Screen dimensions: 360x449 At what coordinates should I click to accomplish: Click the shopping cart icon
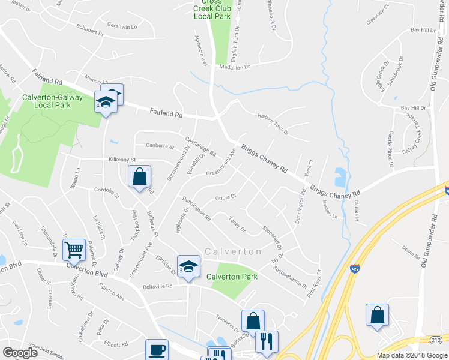74,248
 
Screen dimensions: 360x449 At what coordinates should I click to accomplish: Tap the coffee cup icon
157,350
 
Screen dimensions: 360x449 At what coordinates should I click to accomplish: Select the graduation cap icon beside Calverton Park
188,267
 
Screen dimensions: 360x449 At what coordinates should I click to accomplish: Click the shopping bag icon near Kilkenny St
139,177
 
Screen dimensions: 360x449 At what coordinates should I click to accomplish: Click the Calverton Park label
232,277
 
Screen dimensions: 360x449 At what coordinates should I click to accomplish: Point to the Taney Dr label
237,224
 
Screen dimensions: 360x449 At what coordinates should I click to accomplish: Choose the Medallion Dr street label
234,67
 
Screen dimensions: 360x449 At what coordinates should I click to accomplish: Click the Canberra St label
159,146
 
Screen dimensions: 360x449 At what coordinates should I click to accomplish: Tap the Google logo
20,353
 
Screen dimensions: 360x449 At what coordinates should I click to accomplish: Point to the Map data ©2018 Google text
411,355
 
